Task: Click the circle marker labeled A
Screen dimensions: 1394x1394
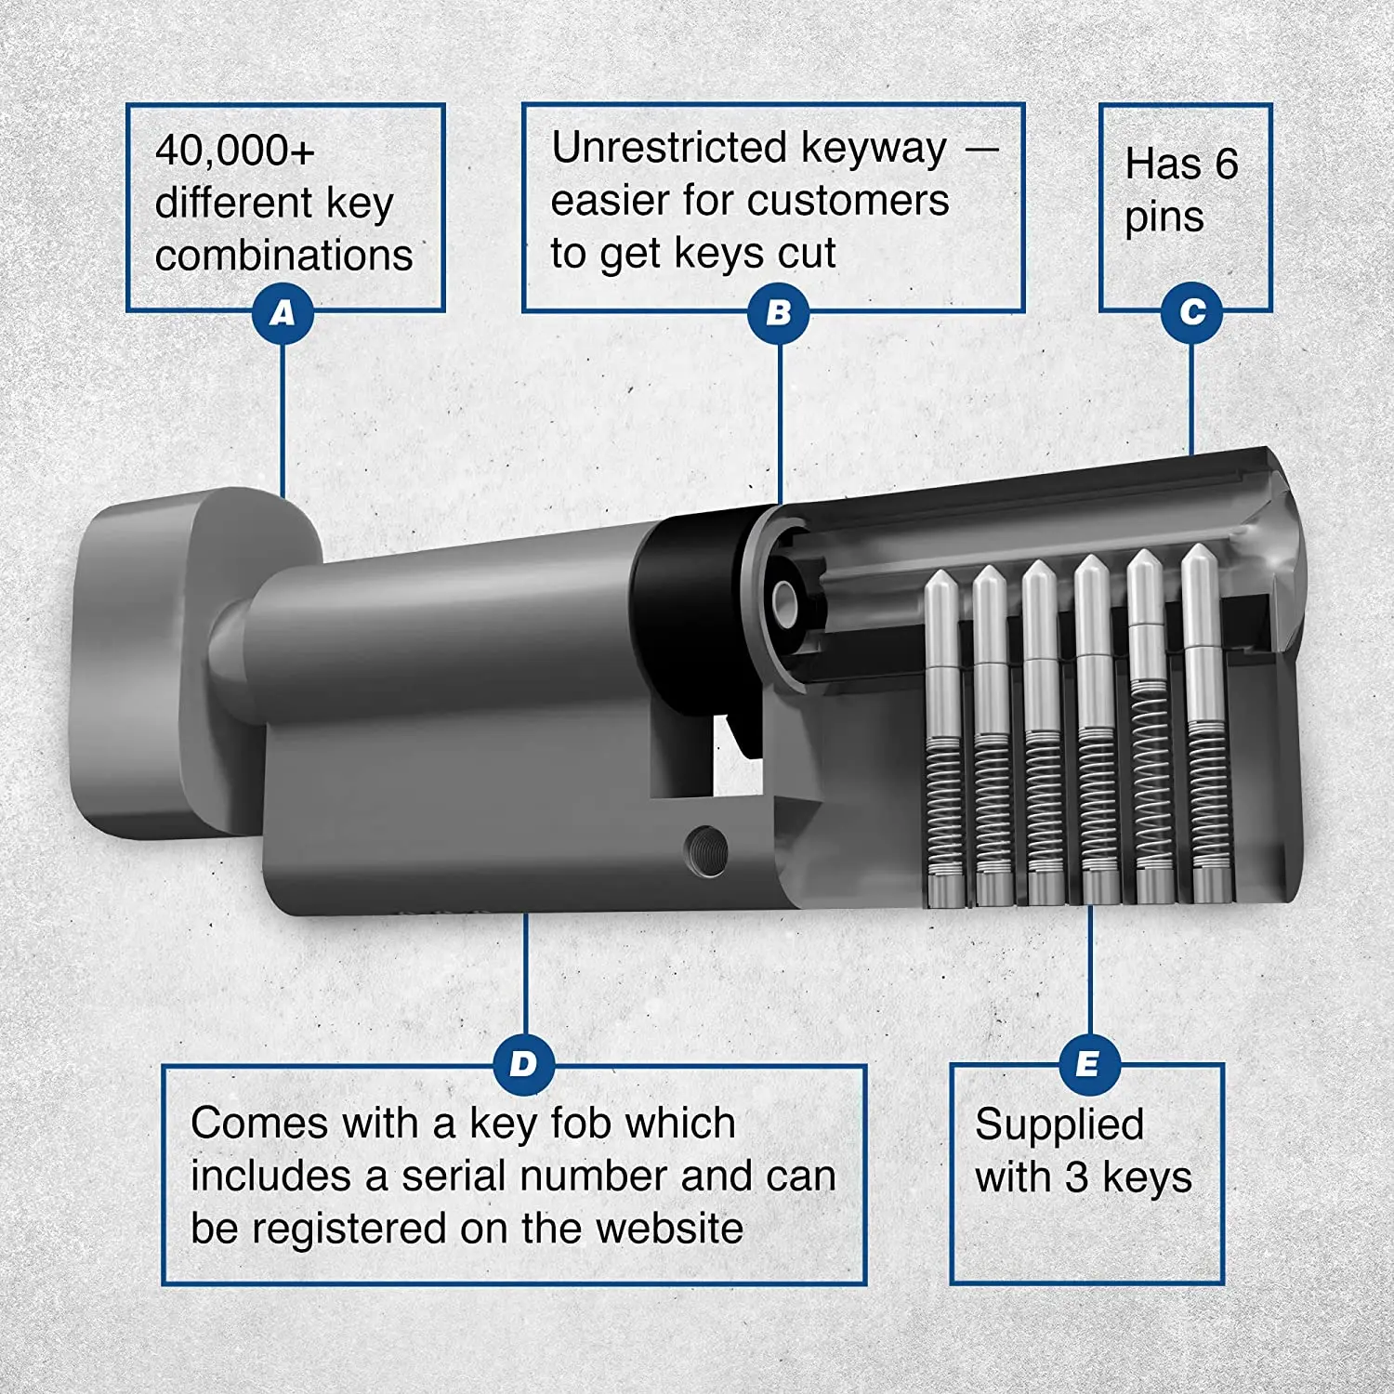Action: coord(283,313)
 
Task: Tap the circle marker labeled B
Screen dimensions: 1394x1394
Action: coord(779,313)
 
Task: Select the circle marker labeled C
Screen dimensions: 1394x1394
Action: coord(1191,312)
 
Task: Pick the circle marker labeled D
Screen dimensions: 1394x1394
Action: coord(524,1064)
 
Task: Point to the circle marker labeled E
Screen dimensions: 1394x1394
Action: coord(1088,1064)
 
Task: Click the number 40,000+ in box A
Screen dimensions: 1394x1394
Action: coord(235,151)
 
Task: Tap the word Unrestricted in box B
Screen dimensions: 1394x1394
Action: coord(669,148)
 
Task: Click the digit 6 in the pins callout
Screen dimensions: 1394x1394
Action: coord(1226,164)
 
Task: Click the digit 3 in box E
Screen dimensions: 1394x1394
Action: coord(1076,1177)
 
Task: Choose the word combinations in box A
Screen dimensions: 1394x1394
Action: coord(283,256)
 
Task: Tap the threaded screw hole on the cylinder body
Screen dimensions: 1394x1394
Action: coord(706,850)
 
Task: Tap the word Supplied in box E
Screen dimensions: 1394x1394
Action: coord(1059,1124)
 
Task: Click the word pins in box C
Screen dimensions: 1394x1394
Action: coord(1164,219)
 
